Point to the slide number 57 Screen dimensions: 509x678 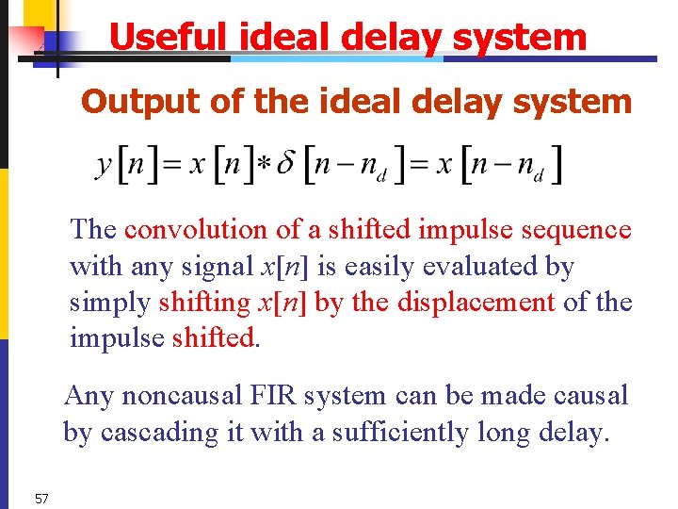[41, 498]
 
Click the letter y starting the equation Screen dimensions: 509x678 [105, 166]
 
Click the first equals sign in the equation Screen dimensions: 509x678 [172, 167]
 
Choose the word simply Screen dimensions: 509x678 [110, 304]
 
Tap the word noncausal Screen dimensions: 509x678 [179, 395]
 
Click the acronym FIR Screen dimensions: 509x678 [282, 395]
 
